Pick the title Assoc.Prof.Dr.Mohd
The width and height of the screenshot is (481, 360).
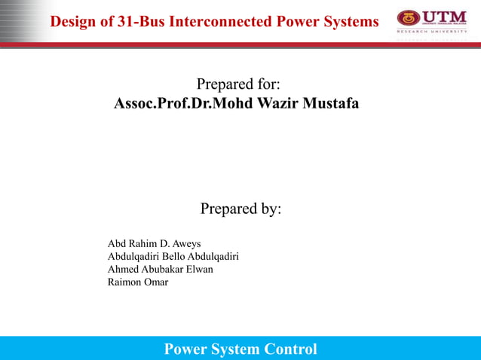174,102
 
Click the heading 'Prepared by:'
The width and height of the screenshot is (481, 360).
240,209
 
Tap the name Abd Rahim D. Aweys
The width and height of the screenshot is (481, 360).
150,243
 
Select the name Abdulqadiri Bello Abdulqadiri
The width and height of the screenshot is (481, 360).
173,256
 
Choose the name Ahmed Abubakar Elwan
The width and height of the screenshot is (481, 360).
161,269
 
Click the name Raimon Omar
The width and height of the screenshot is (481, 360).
138,282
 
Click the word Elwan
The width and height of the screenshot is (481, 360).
199,269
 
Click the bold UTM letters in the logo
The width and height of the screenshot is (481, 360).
445,17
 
